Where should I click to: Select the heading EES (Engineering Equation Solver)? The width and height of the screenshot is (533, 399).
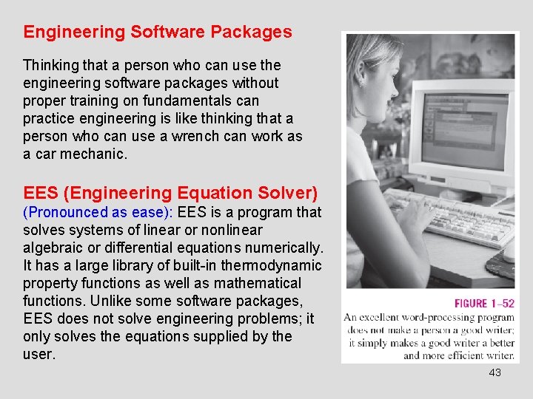coord(170,193)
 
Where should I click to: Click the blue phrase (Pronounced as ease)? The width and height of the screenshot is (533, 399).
coord(98,213)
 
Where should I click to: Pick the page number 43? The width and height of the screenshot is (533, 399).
coord(495,372)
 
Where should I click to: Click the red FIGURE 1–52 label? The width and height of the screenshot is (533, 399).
coord(484,304)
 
